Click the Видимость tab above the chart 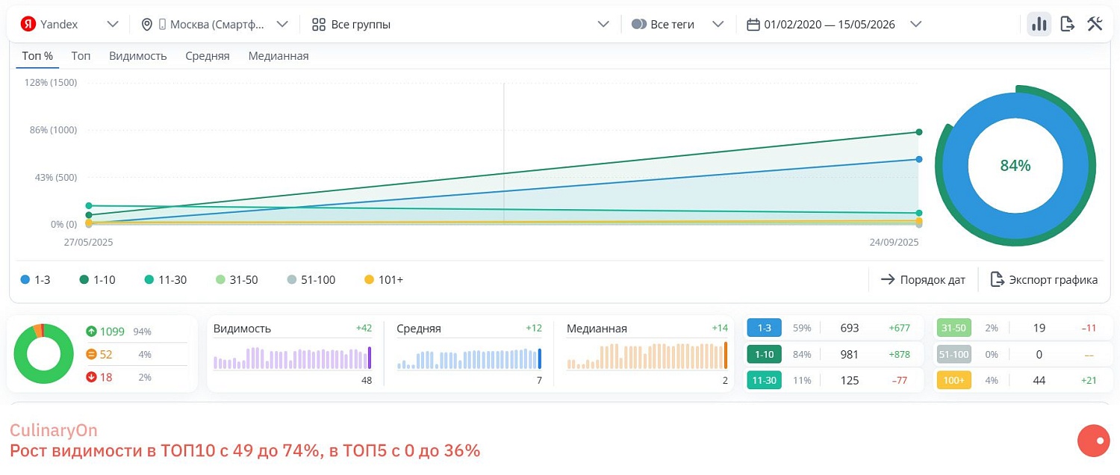(137, 56)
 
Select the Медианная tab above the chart (278, 56)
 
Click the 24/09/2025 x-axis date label (894, 242)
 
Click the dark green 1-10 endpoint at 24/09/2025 (919, 132)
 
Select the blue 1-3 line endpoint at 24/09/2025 (919, 159)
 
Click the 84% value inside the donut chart (1015, 166)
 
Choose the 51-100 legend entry (311, 280)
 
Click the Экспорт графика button (1044, 280)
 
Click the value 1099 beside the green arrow (112, 331)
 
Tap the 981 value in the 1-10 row (849, 354)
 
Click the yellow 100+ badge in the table (953, 380)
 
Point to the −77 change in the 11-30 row (900, 380)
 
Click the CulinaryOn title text (54, 430)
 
